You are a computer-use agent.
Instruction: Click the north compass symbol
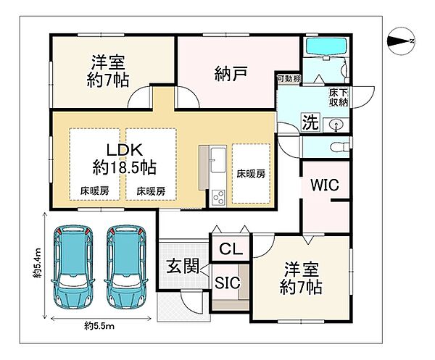(x=400, y=41)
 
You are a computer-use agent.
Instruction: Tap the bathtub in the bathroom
(x=326, y=48)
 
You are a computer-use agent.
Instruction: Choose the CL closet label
(x=231, y=249)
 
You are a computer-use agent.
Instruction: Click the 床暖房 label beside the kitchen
(x=250, y=174)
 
